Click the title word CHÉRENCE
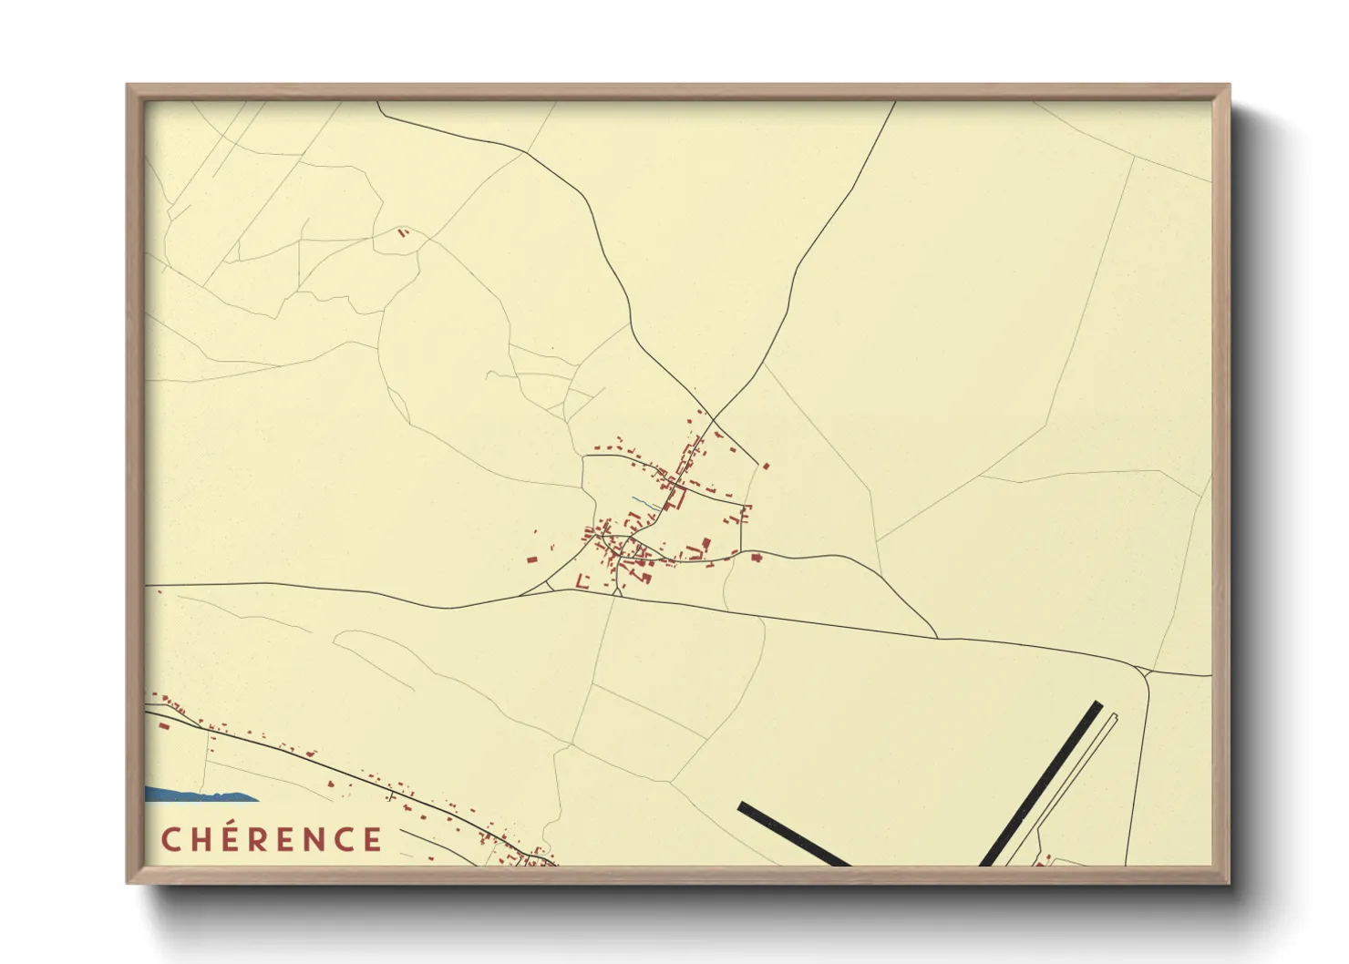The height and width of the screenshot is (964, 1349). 272,839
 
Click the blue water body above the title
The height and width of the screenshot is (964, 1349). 196,795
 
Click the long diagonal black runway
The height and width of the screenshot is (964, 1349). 1041,784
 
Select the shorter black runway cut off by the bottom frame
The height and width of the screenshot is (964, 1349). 793,834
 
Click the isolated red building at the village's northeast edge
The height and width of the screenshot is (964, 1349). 766,467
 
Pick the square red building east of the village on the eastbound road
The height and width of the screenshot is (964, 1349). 756,556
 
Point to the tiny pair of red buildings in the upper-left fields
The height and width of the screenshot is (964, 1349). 403,233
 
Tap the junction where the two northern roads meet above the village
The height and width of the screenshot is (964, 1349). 711,418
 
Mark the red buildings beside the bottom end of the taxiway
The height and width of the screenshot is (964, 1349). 1045,858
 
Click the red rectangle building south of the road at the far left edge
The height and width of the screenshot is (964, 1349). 161,726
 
